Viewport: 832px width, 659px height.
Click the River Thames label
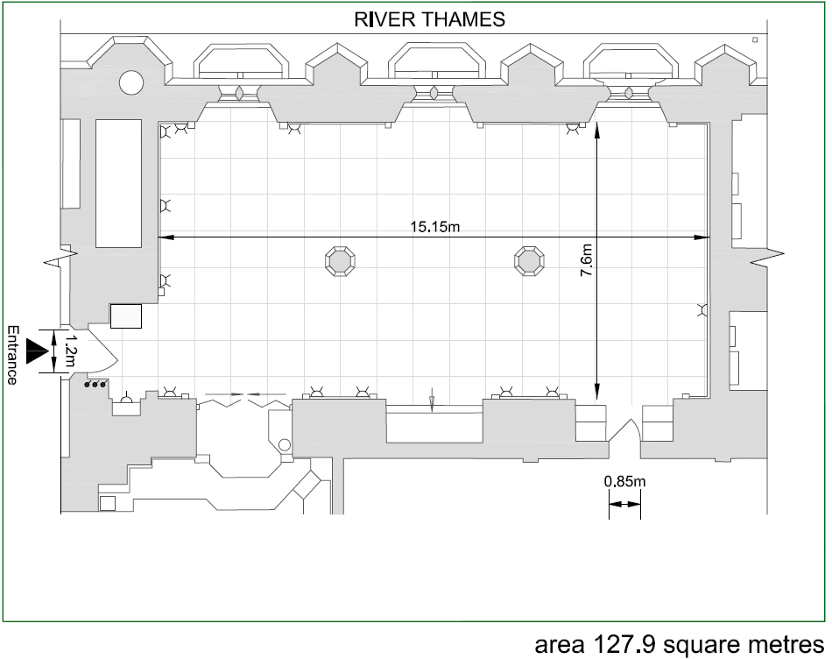point(429,19)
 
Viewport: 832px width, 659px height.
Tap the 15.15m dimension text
point(434,227)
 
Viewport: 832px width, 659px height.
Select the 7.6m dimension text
point(586,260)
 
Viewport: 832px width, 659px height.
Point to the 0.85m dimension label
point(624,482)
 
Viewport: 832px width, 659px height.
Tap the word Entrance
point(12,355)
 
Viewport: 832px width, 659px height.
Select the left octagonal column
point(340,261)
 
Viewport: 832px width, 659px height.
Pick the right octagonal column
point(529,261)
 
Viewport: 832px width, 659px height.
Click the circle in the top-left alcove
point(131,83)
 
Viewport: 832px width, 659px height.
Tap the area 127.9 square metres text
point(680,645)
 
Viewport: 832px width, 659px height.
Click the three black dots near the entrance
point(95,384)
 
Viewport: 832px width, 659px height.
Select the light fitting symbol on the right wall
point(703,310)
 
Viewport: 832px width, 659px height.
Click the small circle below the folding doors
point(285,444)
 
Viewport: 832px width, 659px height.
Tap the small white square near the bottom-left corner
point(108,503)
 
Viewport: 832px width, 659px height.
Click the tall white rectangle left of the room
point(119,183)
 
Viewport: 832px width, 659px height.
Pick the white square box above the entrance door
point(126,316)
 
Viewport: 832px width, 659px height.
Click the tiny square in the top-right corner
point(755,39)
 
